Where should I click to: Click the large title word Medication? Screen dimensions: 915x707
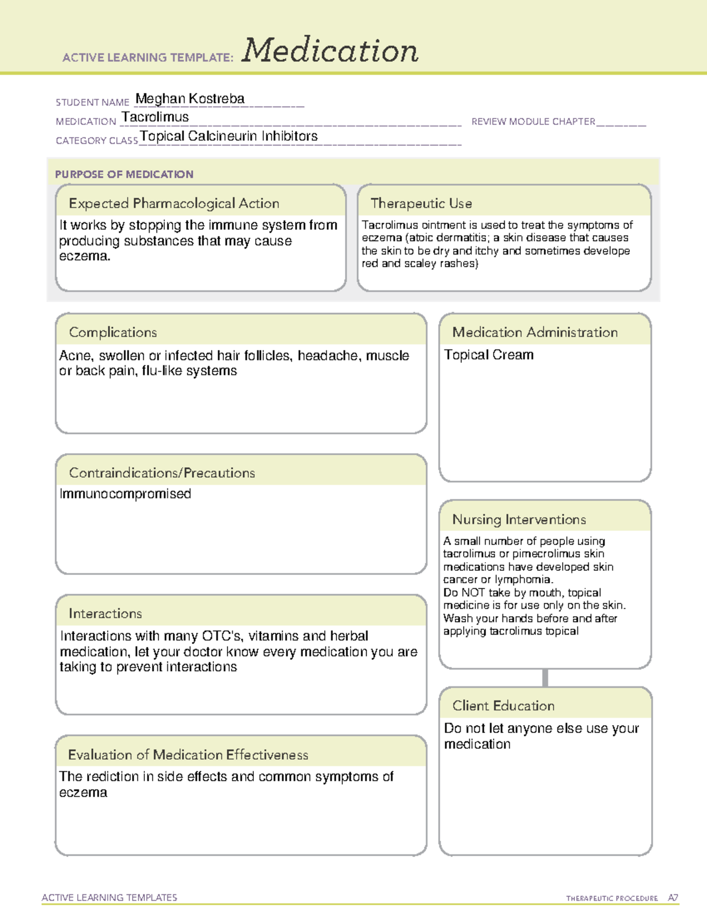[x=330, y=51]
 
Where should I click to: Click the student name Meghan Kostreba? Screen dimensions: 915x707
[x=190, y=99]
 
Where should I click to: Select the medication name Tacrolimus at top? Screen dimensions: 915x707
[x=155, y=117]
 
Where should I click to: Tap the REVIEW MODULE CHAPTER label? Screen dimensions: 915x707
[x=533, y=122]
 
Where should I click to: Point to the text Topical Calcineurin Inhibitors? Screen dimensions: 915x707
[x=229, y=136]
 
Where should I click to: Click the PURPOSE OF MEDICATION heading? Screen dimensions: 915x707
[x=124, y=174]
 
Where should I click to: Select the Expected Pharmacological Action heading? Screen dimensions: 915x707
[x=174, y=203]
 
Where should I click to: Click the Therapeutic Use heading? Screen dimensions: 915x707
[x=421, y=203]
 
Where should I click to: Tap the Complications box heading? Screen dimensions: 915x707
[x=113, y=332]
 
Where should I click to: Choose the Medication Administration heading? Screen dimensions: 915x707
[x=535, y=332]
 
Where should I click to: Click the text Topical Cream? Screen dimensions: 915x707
[x=489, y=355]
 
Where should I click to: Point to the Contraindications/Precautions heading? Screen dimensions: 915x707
[x=162, y=473]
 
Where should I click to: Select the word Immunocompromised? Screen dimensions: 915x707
[x=125, y=494]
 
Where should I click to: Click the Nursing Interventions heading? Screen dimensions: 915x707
[x=519, y=520]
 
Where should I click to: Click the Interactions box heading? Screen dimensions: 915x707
[x=105, y=613]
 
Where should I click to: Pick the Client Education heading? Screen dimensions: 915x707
[x=504, y=706]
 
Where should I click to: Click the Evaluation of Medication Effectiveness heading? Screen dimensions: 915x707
[x=188, y=755]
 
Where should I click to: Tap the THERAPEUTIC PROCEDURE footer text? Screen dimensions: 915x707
[x=612, y=899]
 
